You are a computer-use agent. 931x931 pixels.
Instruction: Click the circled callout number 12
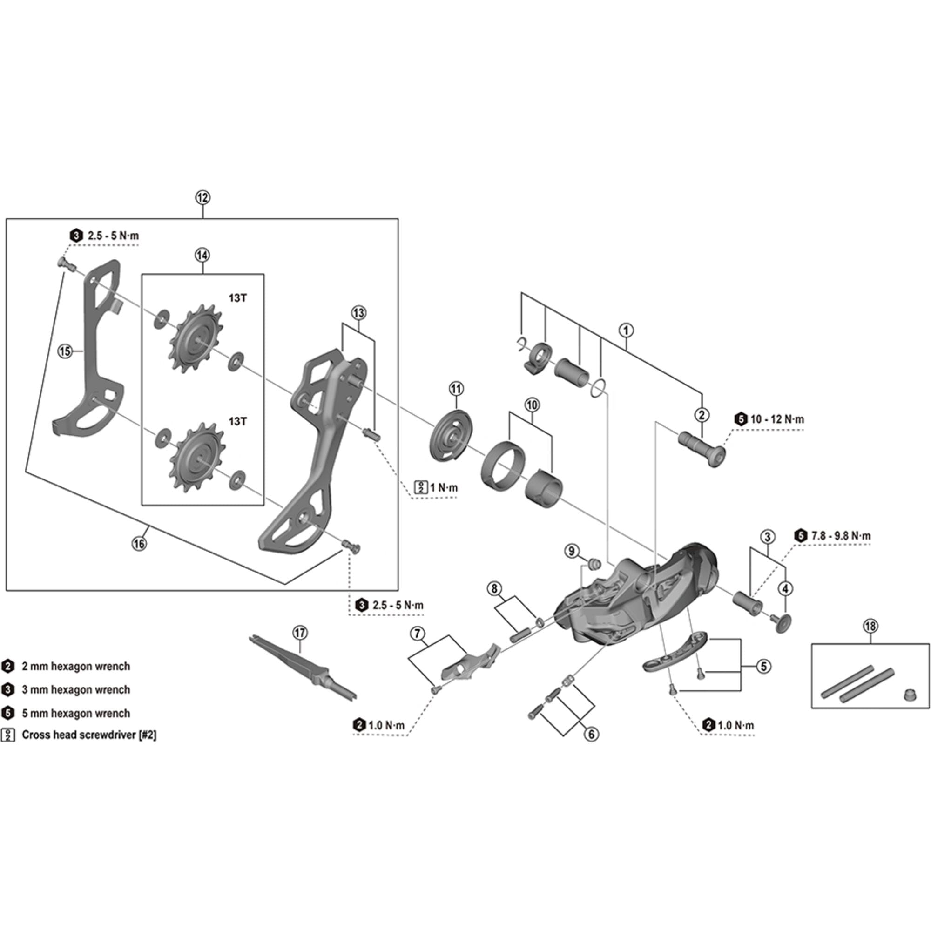pos(202,197)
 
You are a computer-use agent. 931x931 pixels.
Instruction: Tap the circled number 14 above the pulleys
pos(202,255)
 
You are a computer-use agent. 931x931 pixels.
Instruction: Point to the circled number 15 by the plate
pos(65,351)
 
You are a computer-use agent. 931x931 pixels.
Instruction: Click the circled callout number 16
pos(139,544)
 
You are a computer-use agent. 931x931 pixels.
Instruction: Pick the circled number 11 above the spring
pos(456,388)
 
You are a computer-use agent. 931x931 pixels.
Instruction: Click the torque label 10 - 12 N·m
pos(777,419)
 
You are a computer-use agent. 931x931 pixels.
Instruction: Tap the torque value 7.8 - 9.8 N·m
pos(840,535)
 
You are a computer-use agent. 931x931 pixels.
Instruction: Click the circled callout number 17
pos(300,632)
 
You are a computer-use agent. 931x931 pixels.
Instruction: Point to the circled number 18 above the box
pos(870,626)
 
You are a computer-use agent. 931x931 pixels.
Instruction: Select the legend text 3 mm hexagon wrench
pos(76,689)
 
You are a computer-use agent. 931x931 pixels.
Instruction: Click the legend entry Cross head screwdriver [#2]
pos(88,735)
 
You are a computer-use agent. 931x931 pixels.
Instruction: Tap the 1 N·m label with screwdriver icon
pos(443,487)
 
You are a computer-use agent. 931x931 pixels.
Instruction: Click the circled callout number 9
pos(572,550)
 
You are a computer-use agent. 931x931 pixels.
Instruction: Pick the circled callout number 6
pos(591,734)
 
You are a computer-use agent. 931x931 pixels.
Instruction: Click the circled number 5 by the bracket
pos(763,667)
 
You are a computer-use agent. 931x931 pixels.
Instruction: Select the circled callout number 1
pos(626,331)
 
